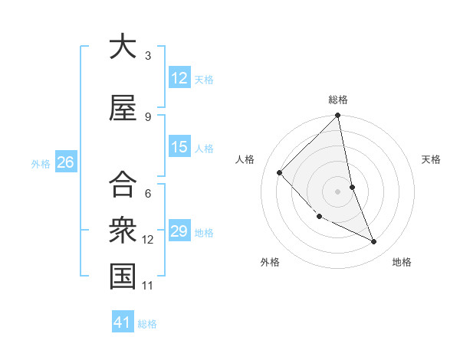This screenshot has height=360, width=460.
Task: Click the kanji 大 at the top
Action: pyautogui.click(x=123, y=47)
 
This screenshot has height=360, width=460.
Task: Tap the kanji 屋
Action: pyautogui.click(x=123, y=109)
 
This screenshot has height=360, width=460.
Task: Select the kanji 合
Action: pyautogui.click(x=123, y=184)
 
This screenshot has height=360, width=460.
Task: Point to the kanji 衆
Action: pyautogui.click(x=123, y=230)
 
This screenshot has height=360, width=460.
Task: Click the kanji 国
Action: pyautogui.click(x=123, y=277)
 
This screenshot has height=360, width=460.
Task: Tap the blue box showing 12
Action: pyautogui.click(x=179, y=78)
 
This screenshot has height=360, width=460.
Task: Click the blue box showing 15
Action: pyautogui.click(x=179, y=147)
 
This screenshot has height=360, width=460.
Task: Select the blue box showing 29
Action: pyautogui.click(x=179, y=231)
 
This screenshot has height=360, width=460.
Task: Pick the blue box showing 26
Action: pyautogui.click(x=65, y=162)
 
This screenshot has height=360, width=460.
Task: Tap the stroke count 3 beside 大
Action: pyautogui.click(x=148, y=56)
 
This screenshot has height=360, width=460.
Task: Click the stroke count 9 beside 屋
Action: pyautogui.click(x=148, y=117)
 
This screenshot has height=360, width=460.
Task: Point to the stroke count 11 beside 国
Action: pyautogui.click(x=148, y=286)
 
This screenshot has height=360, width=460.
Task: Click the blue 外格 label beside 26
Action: pyautogui.click(x=41, y=163)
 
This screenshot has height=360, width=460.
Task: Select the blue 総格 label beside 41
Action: pyautogui.click(x=147, y=323)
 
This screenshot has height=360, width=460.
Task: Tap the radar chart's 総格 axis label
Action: pyautogui.click(x=338, y=100)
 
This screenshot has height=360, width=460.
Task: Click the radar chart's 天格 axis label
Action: pyautogui.click(x=432, y=159)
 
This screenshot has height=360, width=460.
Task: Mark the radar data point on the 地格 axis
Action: pyautogui.click(x=374, y=242)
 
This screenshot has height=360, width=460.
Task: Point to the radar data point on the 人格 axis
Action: pyautogui.click(x=280, y=172)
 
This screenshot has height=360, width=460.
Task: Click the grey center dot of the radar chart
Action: pyautogui.click(x=338, y=191)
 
